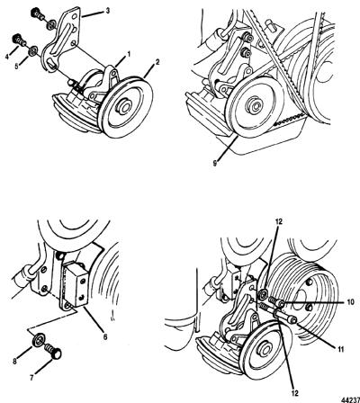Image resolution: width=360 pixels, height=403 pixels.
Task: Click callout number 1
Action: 129,54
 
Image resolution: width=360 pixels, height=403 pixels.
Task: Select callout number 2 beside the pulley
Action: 157,62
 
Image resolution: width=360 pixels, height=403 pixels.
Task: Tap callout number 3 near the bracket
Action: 108,11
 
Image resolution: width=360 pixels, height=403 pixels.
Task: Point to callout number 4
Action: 6,56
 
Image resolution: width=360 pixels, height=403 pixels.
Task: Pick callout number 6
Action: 105,336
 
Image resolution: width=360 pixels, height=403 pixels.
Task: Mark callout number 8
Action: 15,362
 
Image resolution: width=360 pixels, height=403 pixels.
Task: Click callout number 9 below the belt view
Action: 215,163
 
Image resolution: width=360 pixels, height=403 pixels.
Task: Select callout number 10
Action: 349,301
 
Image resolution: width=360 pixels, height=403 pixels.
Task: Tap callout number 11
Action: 341,349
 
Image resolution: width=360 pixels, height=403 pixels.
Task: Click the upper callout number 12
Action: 280,221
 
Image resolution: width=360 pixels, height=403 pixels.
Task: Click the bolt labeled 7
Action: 53,352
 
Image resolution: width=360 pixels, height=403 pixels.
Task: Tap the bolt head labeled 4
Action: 16,39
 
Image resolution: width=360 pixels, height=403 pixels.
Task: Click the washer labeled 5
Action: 32,51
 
